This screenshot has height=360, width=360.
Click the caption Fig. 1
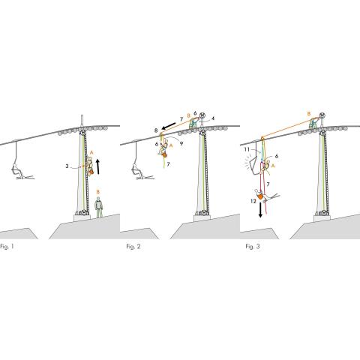[7, 247]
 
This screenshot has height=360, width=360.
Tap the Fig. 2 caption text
[133, 247]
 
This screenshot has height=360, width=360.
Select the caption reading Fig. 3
[253, 247]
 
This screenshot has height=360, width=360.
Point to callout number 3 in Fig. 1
[67, 166]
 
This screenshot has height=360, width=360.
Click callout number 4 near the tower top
[213, 118]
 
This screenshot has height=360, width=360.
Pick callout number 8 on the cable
[156, 130]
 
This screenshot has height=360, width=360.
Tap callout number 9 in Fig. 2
[181, 144]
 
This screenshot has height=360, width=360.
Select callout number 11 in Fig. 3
[247, 149]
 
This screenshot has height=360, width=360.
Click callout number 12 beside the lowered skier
[253, 201]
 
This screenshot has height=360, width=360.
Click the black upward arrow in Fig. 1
[98, 166]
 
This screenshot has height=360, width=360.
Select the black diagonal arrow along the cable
[169, 126]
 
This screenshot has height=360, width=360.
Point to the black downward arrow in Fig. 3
[260, 210]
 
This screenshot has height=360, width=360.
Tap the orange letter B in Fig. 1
[98, 192]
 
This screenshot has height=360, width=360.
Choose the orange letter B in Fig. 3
[309, 114]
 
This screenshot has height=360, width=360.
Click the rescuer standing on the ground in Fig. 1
[99, 207]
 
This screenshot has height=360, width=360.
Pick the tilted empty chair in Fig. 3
[254, 165]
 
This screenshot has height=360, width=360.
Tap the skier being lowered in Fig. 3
[265, 195]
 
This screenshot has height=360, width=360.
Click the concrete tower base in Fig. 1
[82, 217]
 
